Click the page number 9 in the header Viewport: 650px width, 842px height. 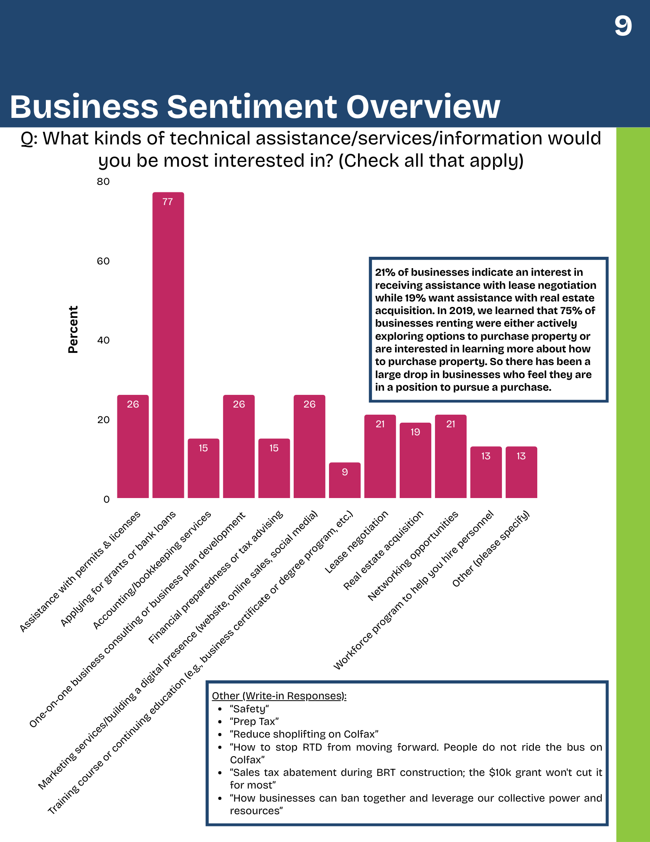point(623,26)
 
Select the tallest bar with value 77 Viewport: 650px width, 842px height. point(168,345)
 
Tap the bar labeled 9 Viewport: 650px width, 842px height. point(345,480)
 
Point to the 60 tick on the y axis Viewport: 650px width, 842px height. point(103,261)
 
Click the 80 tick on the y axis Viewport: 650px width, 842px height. point(103,181)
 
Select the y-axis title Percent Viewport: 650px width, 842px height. point(73,329)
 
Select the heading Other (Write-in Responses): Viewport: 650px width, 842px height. point(279,696)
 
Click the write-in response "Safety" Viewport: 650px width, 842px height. point(249,709)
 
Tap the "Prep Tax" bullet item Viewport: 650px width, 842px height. point(254,722)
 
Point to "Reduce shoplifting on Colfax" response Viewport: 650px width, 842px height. point(304,734)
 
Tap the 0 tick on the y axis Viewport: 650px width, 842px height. point(106,499)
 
